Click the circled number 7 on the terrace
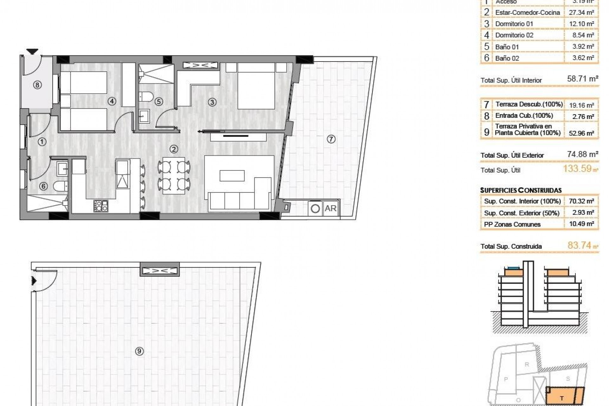[331, 139]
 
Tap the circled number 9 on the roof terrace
[139, 351]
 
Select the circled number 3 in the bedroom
[212, 102]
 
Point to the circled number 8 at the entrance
[37, 85]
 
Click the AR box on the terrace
[331, 208]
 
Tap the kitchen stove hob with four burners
[101, 206]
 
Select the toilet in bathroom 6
[60, 186]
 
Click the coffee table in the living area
[232, 176]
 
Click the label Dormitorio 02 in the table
[514, 35]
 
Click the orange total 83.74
[579, 246]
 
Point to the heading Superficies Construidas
[521, 190]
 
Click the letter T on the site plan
[562, 398]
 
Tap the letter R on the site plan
[527, 364]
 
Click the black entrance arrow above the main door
[32, 51]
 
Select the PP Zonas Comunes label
[512, 224]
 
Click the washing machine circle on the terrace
[315, 209]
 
